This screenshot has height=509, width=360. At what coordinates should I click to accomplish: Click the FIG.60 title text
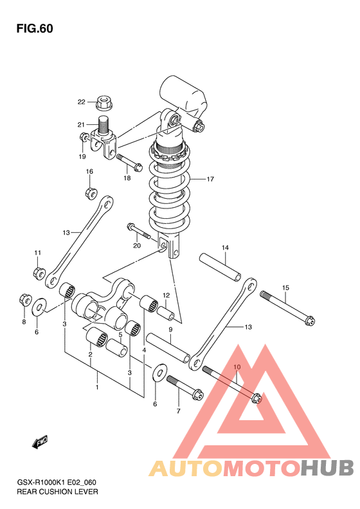[x=35, y=28]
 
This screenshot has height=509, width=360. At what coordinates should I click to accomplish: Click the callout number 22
[x=81, y=102]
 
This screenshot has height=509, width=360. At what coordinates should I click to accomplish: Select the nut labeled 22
[x=104, y=102]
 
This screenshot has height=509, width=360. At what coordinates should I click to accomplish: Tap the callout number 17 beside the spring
[x=210, y=179]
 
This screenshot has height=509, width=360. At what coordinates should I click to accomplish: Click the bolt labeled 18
[x=129, y=162]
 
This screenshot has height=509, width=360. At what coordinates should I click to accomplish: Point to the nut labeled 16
[x=92, y=193]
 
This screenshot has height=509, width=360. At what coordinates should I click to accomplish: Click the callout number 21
[x=81, y=125]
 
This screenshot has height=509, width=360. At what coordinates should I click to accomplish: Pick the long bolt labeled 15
[x=287, y=308]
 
